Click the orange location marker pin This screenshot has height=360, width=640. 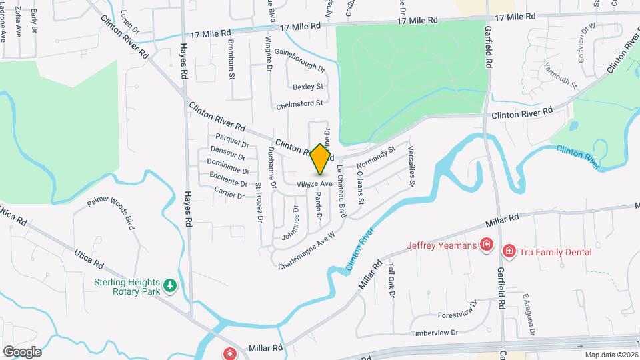tap(321, 159)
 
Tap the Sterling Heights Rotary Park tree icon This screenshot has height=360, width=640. tap(171, 285)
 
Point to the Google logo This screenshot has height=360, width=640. tap(21, 351)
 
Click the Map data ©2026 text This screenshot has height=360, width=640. tap(611, 355)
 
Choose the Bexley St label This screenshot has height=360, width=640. tap(307, 87)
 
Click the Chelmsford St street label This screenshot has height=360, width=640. tap(299, 103)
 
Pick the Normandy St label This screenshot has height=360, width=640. tap(376, 157)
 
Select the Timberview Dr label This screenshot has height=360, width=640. tap(435, 332)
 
